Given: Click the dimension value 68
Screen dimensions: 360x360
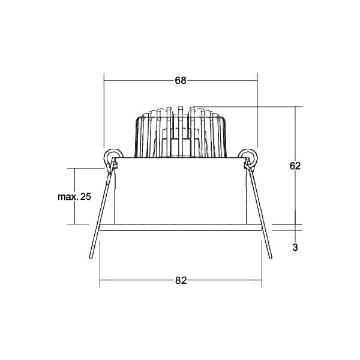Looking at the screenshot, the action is [181, 80].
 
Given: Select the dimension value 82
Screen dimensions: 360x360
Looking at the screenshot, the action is [181, 280].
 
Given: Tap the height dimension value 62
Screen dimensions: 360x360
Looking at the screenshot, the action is [295, 166].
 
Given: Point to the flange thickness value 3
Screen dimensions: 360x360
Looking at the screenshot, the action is [295, 247].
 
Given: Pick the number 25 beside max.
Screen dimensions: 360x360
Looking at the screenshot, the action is [86, 197].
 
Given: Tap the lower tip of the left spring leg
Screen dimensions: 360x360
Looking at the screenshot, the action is [91, 257].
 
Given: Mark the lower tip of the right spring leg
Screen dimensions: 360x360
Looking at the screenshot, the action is [271, 257].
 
